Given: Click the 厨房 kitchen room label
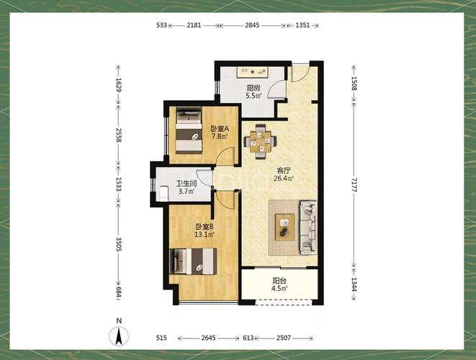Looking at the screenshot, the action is (253, 88).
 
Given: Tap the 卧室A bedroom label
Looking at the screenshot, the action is (220, 128).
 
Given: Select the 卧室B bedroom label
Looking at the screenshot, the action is (205, 227).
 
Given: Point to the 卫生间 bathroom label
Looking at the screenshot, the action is (187, 184).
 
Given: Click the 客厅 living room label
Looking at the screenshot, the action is (284, 171).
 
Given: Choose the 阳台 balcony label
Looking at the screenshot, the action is (279, 281).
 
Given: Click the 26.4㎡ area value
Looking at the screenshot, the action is (284, 179).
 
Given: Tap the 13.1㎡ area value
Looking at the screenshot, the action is (205, 234).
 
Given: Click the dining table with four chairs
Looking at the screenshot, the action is (260, 141).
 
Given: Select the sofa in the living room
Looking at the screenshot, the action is (309, 227).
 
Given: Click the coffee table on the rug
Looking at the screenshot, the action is (284, 227).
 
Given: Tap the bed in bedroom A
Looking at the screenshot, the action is (189, 130).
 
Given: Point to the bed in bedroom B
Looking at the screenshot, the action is (193, 261).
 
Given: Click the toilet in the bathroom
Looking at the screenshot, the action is (163, 193).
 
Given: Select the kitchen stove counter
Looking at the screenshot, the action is (253, 72).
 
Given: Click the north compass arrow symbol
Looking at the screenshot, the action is (119, 336).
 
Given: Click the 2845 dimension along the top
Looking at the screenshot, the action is (252, 25).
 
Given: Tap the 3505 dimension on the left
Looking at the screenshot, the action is (119, 244).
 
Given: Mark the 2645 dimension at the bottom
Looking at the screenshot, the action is (209, 338).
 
